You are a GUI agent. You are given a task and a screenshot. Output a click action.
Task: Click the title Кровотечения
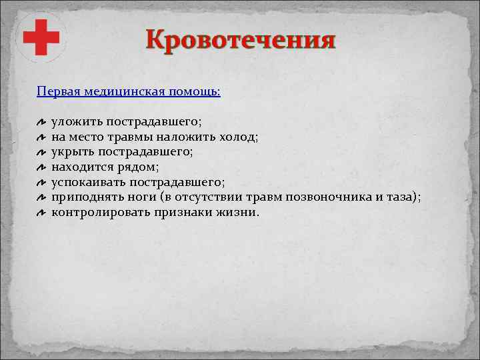click(241, 40)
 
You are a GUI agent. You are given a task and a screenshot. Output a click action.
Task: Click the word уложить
click(74, 122)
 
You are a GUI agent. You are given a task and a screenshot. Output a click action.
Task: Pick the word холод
click(240, 137)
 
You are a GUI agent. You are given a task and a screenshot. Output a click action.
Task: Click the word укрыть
click(70, 152)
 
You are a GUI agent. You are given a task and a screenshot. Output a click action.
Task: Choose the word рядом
click(137, 167)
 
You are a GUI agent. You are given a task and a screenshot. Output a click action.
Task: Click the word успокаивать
click(89, 183)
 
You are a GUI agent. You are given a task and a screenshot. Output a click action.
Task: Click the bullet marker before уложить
click(41, 123)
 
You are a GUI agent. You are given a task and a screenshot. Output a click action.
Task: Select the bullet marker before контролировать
click(41, 213)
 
